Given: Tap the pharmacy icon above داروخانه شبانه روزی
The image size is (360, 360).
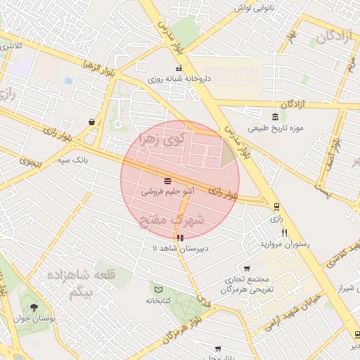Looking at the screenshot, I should click(179, 69).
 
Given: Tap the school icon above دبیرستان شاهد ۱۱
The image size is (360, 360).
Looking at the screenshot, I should click(181, 238).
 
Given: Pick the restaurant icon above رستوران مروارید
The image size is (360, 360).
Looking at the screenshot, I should click(284, 232).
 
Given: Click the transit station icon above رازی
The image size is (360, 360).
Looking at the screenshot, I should click(276, 207).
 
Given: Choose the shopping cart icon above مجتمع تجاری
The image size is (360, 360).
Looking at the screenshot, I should click(247, 268).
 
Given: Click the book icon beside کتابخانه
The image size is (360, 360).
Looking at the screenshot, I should click(157, 290).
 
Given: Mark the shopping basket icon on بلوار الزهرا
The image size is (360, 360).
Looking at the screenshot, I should click(92, 122).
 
